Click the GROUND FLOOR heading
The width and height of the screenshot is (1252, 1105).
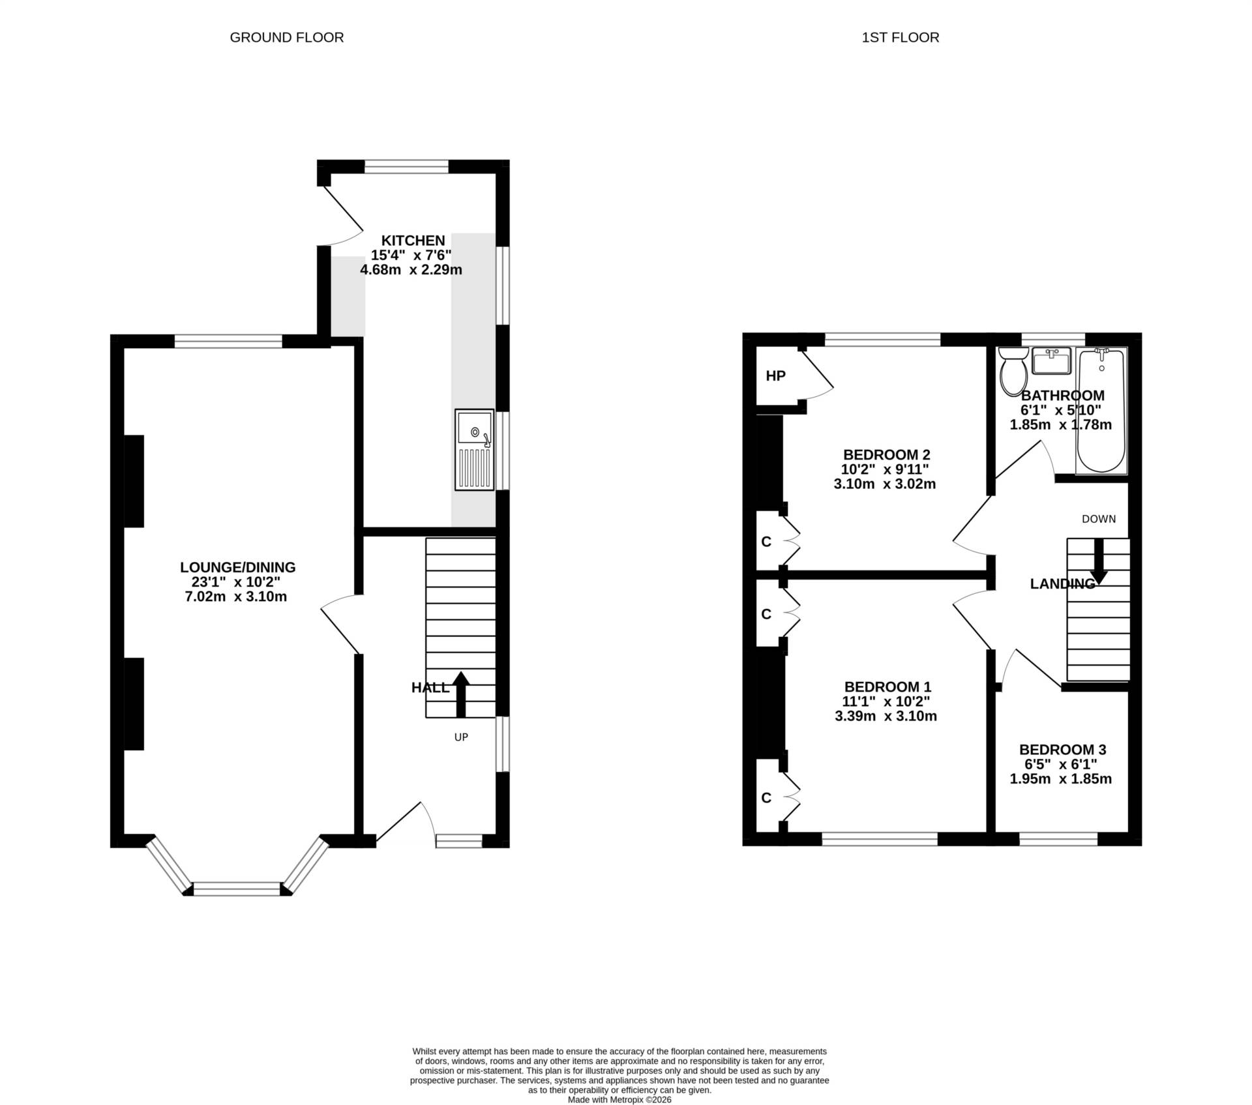click(287, 38)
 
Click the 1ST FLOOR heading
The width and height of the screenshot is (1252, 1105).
click(901, 38)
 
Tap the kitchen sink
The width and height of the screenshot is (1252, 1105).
click(475, 450)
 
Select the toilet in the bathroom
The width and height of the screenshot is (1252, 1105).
click(1013, 370)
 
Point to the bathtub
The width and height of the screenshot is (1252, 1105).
click(1101, 411)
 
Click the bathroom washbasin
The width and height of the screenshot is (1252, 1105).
click(1051, 361)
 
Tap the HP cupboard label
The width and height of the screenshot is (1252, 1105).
click(775, 376)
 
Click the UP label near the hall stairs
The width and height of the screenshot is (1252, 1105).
click(461, 737)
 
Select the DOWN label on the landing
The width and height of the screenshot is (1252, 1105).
click(1099, 519)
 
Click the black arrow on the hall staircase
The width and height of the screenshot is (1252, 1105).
click(461, 694)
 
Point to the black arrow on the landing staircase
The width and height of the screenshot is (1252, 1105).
click(1099, 561)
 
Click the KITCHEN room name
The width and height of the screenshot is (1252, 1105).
click(413, 241)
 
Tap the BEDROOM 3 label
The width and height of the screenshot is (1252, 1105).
click(1062, 750)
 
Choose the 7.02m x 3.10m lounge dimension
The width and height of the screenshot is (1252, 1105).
click(236, 597)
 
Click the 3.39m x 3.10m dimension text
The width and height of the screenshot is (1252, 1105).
click(886, 716)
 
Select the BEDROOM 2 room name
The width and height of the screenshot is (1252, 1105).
click(886, 454)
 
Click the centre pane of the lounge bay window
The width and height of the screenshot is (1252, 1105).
click(237, 889)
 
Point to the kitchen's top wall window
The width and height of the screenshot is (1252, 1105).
click(406, 166)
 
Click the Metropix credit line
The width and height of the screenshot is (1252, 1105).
click(619, 1100)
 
